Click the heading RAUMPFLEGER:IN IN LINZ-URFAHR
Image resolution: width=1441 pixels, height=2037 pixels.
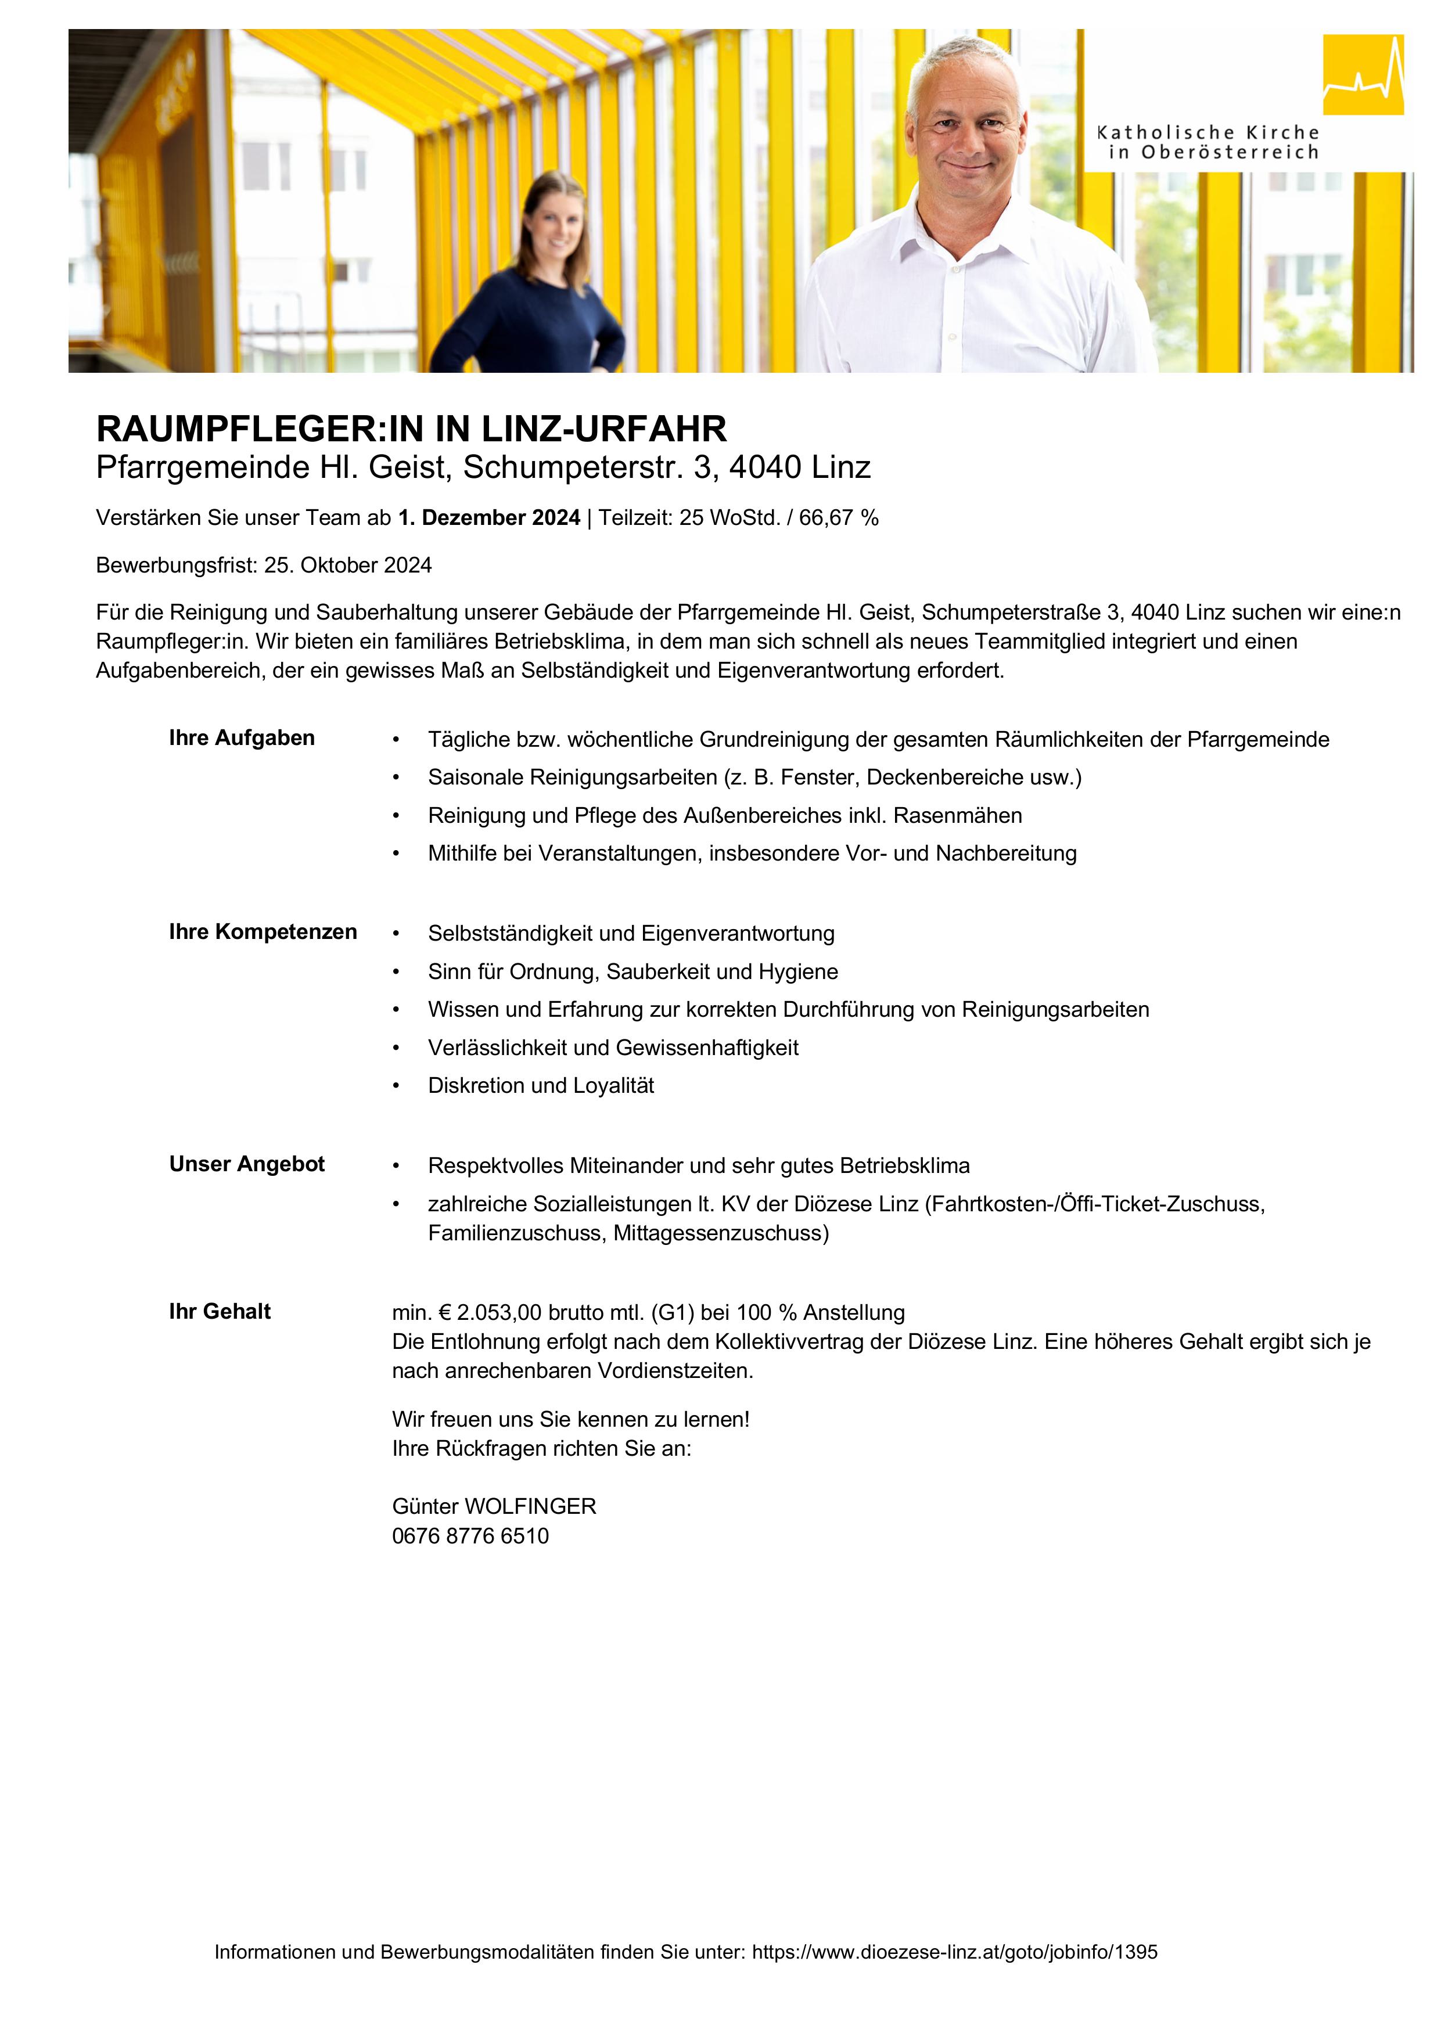click(x=411, y=429)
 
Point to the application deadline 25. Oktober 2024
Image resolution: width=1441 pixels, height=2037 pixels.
click(x=348, y=566)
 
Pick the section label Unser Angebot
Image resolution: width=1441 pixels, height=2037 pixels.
click(x=247, y=1164)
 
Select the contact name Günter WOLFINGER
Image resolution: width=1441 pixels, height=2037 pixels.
click(x=494, y=1506)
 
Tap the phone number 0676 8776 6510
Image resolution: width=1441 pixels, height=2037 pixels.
click(x=470, y=1536)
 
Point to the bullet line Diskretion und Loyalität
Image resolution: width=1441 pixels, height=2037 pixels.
click(x=540, y=1086)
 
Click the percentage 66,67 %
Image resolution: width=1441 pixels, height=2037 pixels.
click(x=839, y=518)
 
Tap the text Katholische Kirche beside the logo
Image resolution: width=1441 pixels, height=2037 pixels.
click(x=1208, y=133)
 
